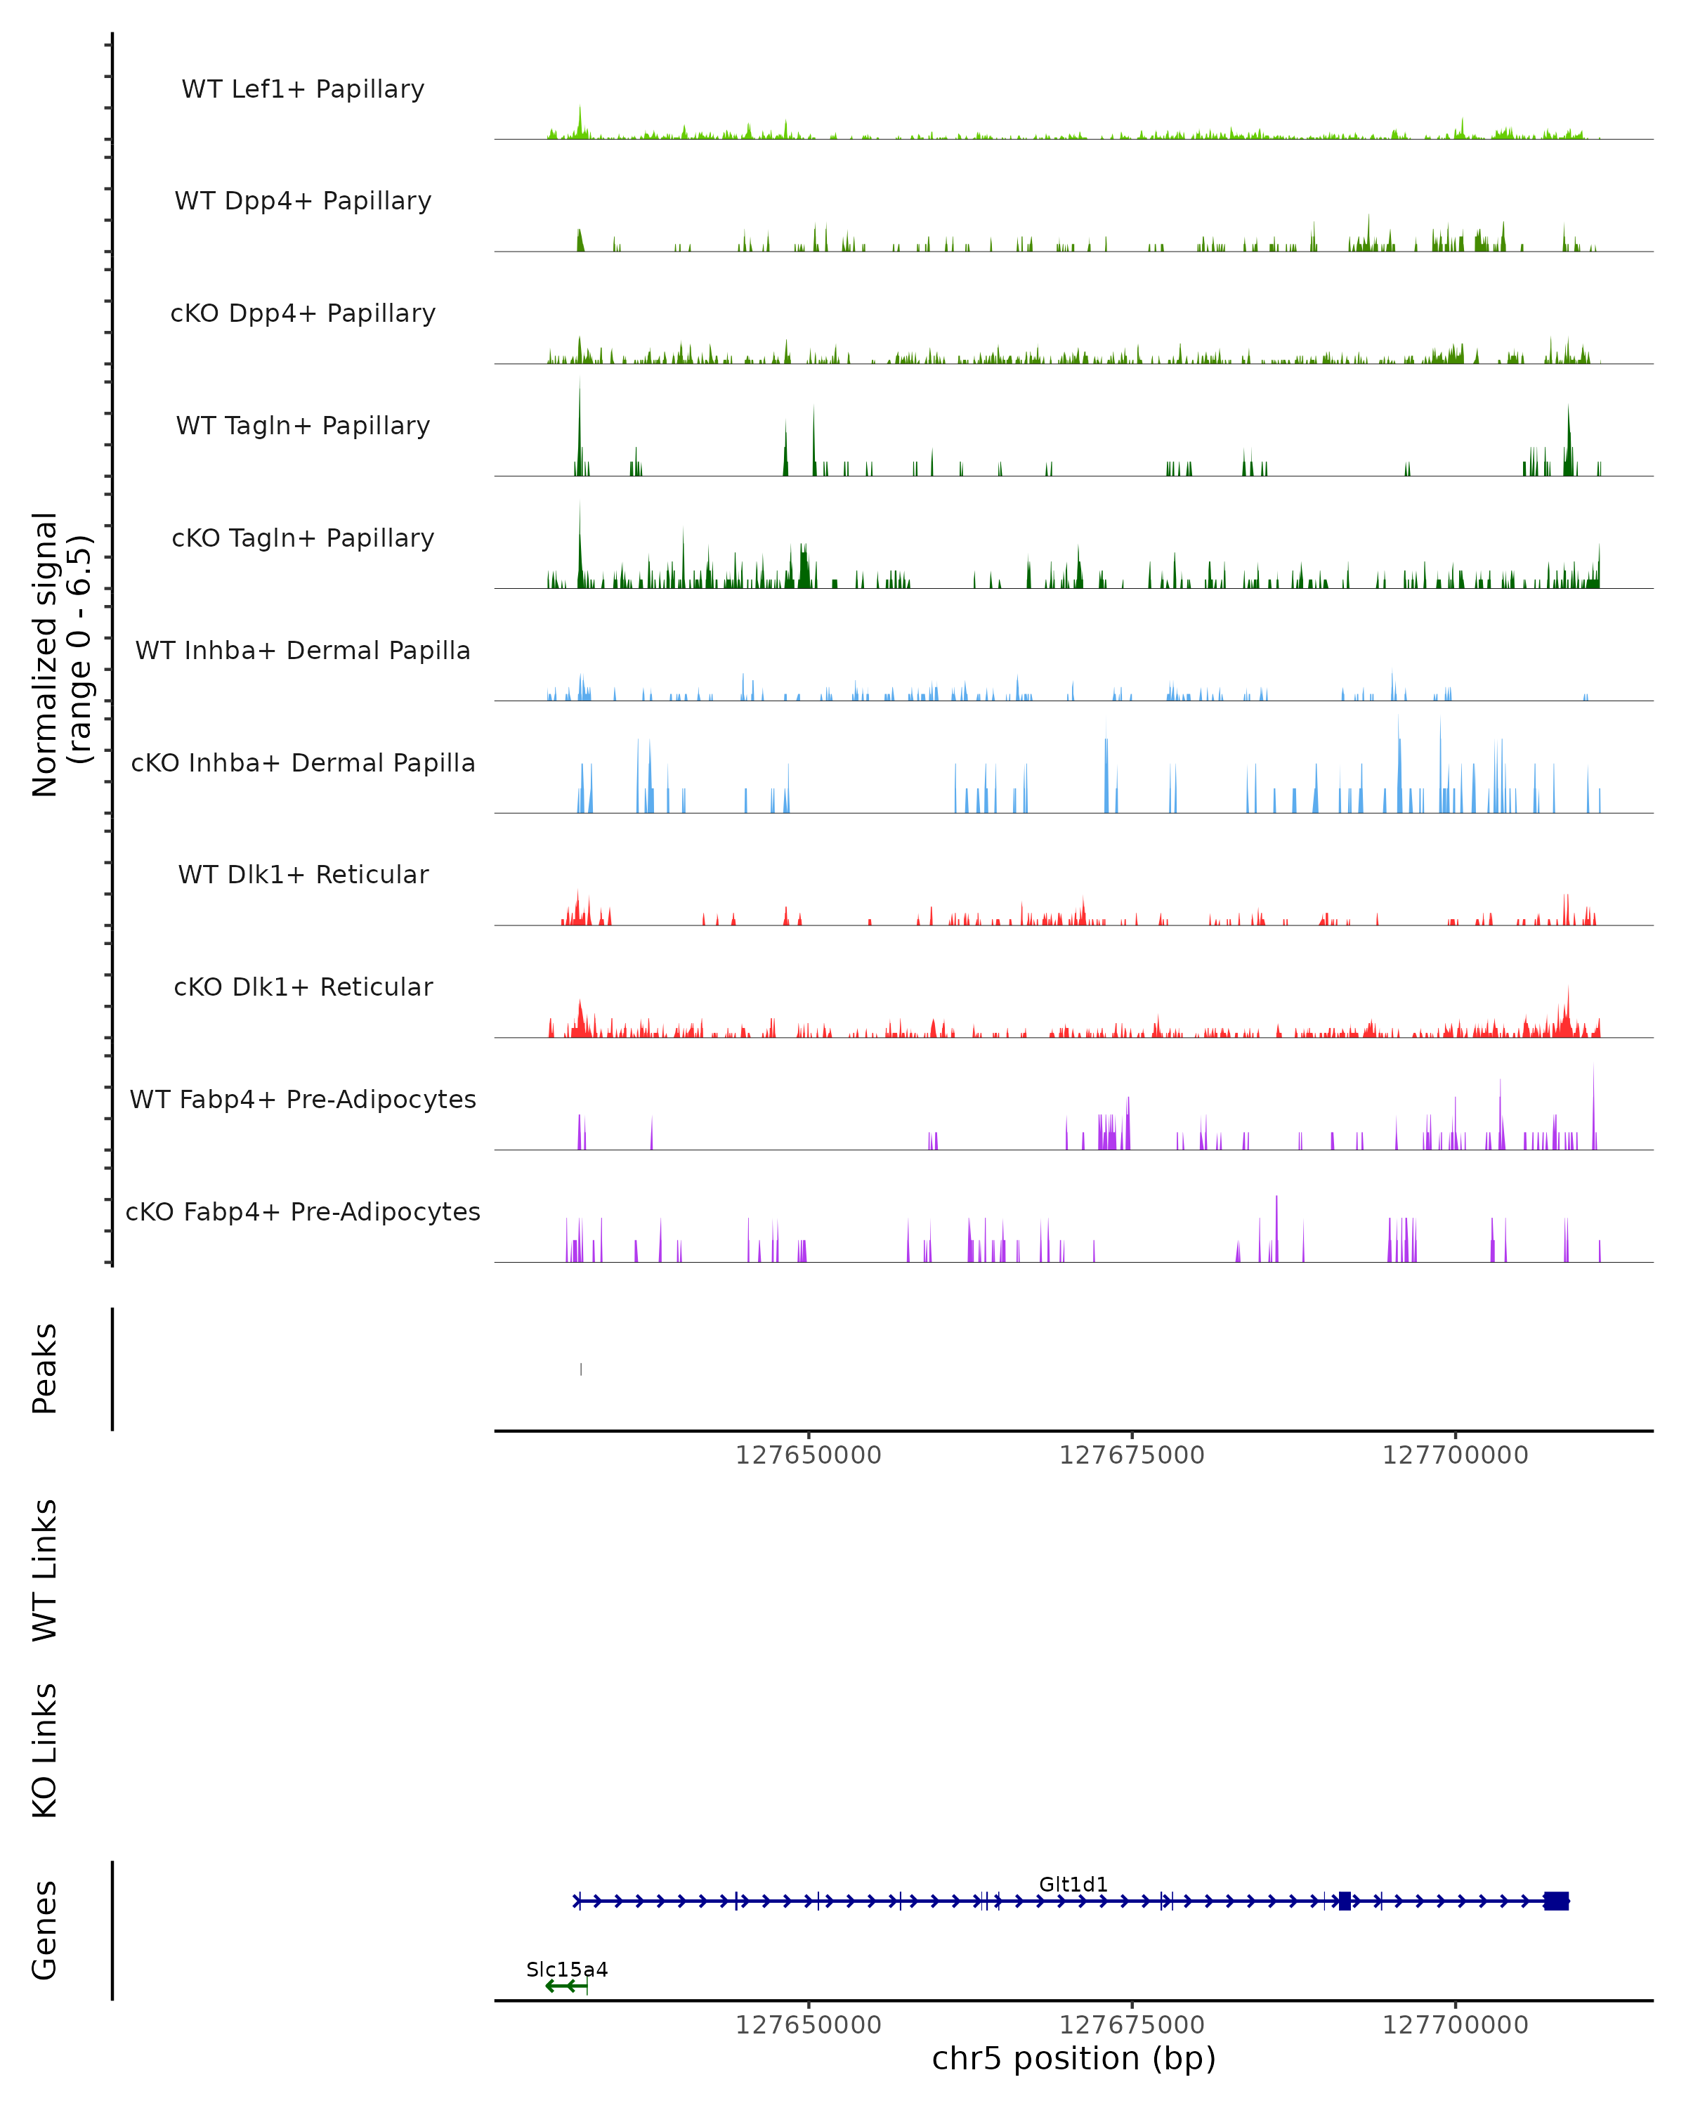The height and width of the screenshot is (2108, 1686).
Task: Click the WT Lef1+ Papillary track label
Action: point(303,89)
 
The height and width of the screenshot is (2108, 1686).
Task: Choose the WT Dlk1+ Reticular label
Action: point(303,874)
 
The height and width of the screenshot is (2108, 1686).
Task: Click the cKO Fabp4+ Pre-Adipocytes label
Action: point(303,1211)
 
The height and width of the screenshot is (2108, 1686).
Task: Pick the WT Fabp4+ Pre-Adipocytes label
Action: point(303,1099)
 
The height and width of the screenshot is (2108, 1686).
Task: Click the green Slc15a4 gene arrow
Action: point(565,1986)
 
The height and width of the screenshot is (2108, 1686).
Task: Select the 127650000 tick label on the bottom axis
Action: point(809,2025)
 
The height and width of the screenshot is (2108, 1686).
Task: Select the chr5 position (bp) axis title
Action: point(1073,2058)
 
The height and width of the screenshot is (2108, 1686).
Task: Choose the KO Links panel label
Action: point(45,1750)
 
